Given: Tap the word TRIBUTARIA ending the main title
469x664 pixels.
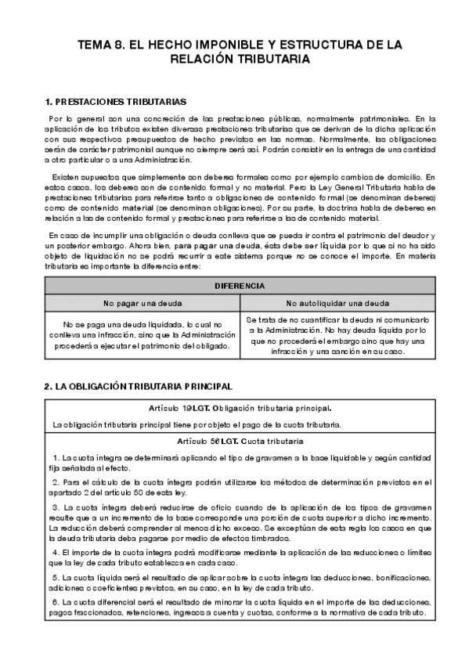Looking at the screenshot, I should tap(267, 59).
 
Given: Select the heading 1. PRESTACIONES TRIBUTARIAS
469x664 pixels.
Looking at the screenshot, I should tap(116, 102).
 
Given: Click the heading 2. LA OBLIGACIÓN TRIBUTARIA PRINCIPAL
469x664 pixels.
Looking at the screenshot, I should tap(138, 387).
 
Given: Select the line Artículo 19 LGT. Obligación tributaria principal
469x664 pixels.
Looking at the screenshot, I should tap(240, 408).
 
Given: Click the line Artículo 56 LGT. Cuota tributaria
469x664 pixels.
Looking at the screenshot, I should tap(240, 441).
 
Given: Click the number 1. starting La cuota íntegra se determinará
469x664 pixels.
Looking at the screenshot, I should tap(56, 457).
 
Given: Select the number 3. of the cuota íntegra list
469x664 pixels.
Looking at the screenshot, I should tap(56, 507).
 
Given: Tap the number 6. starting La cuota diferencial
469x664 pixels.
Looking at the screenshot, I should tap(56, 601).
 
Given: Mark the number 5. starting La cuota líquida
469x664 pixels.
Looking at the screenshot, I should tap(56, 577).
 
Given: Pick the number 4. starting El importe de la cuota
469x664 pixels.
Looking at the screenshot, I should tap(56, 553).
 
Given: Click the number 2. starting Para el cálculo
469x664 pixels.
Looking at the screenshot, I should tap(56, 482).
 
